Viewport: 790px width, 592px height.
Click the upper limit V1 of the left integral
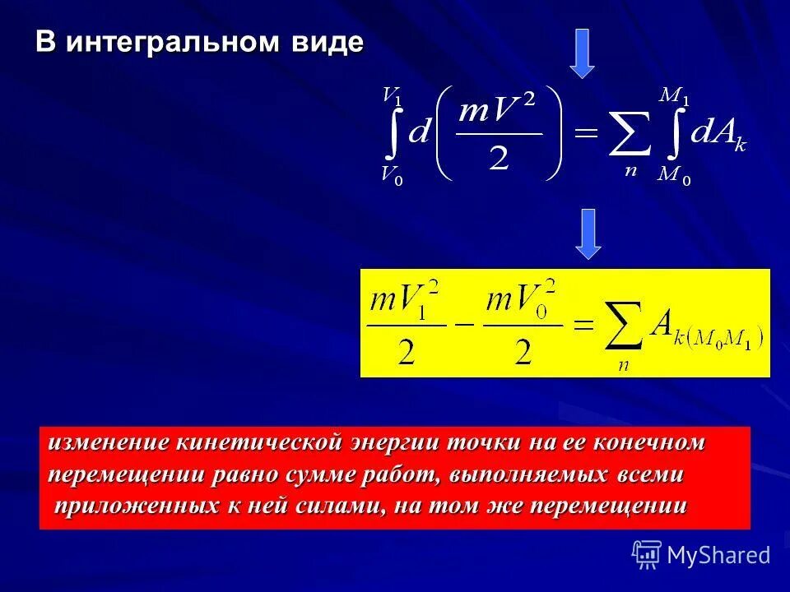pos(393,95)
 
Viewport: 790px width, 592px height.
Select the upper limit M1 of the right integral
pos(675,95)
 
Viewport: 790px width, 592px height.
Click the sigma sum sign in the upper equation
pos(630,135)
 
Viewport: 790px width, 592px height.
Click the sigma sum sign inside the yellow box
pos(624,322)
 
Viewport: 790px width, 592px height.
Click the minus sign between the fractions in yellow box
pos(466,324)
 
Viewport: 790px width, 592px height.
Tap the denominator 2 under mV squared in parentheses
pos(499,157)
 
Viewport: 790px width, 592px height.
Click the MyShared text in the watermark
pos(718,555)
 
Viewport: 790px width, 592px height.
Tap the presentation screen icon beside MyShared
pos(647,554)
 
